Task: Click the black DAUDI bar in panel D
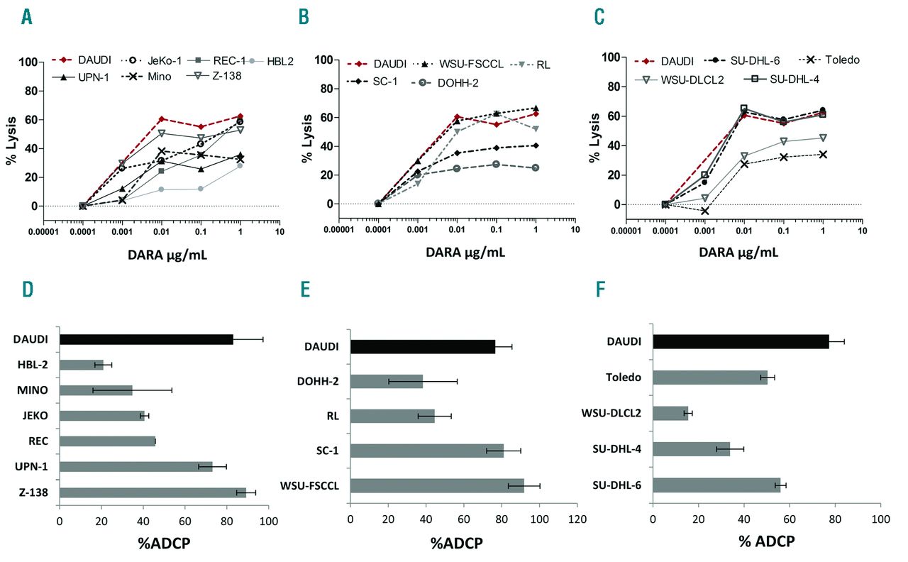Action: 146,339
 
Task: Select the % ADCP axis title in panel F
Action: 766,541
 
